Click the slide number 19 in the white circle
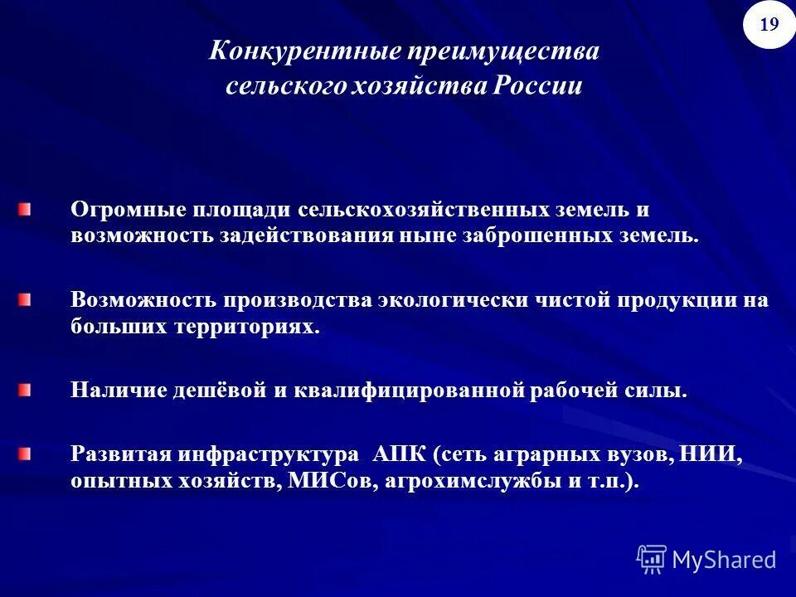click(x=769, y=24)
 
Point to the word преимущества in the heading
click(x=502, y=51)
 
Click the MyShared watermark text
click(x=724, y=560)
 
